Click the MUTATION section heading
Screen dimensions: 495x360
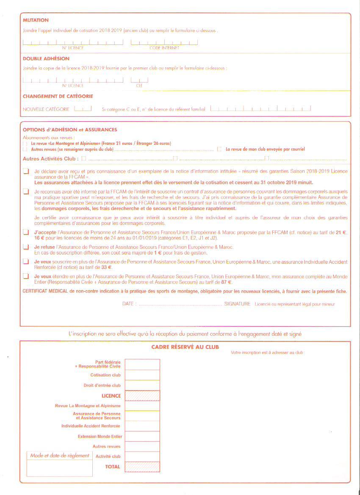coord(36,20)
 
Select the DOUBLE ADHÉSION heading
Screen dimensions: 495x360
coord(46,59)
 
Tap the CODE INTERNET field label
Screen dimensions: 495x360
coord(164,48)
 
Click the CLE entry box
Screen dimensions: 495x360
coord(139,80)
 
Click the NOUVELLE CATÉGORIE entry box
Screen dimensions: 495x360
coord(83,109)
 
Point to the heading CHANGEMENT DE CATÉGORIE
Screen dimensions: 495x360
coord(58,97)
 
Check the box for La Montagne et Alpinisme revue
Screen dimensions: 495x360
coord(25,144)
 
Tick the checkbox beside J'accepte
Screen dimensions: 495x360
coord(26,232)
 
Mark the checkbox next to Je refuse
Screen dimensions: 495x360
coord(26,247)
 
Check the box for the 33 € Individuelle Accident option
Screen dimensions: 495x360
coord(26,262)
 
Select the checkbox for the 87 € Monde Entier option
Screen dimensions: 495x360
coord(26,277)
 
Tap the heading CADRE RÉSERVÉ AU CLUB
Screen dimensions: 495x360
coord(185,347)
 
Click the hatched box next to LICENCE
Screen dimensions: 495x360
coord(142,395)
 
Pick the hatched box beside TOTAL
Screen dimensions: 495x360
coord(142,467)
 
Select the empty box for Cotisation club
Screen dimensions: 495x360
coord(142,375)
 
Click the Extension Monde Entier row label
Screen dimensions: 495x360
coord(100,436)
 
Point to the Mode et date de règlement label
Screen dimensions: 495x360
coord(60,456)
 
